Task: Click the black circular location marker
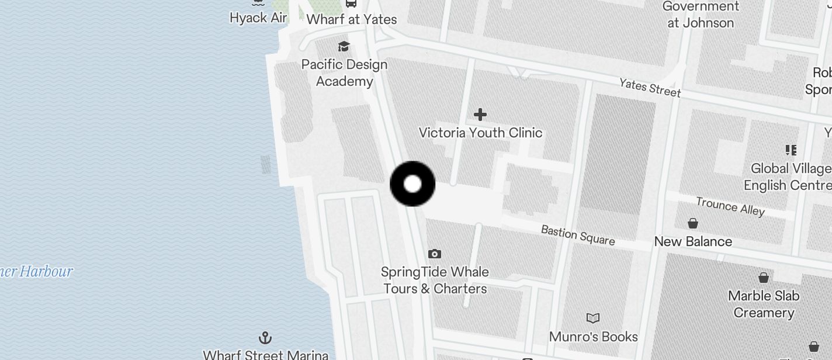pos(412,184)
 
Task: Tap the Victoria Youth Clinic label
pos(480,133)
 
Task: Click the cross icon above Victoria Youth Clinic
pos(480,114)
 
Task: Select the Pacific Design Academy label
pos(344,72)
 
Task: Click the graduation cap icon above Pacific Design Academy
pos(344,46)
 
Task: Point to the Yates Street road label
pos(650,88)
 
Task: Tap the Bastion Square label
pos(577,235)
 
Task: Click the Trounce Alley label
pos(730,206)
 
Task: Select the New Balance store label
pos(693,241)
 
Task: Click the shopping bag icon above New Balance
pos(693,223)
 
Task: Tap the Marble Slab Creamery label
pos(764,304)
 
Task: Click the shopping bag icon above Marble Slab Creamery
pos(764,277)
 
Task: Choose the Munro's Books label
pos(593,337)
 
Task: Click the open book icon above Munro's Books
pos(593,318)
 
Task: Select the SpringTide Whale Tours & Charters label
pos(435,280)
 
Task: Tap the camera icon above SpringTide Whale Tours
pos(434,254)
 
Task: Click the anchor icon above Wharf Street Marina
pos(265,338)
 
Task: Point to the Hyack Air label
pos(258,18)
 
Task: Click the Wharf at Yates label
pos(351,19)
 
